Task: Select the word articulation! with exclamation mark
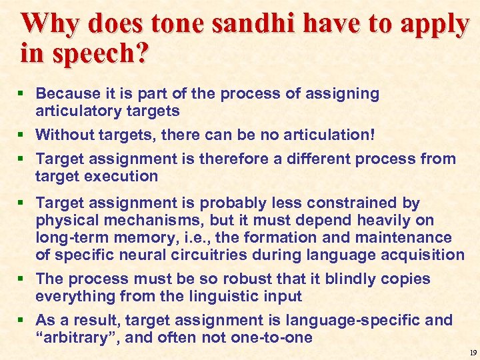(x=329, y=135)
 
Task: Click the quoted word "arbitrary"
(x=77, y=337)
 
